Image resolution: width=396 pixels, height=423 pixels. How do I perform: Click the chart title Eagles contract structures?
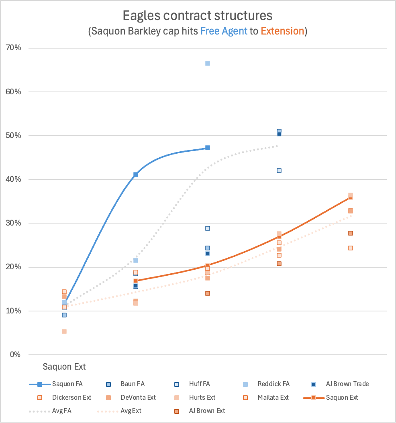[x=198, y=16]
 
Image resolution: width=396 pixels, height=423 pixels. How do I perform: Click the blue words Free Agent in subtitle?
[x=224, y=31]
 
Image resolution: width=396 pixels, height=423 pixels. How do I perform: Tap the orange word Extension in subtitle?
[x=282, y=31]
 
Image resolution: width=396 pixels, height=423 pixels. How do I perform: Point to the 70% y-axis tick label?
[x=13, y=48]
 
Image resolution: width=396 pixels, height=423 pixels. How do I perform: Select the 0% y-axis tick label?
[x=15, y=355]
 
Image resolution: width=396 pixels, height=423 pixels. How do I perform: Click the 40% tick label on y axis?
[x=13, y=179]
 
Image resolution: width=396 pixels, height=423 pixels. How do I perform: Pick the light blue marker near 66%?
[x=208, y=63]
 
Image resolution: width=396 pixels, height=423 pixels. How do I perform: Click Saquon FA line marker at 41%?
[x=136, y=175]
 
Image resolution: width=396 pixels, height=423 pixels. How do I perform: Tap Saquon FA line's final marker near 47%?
[x=208, y=148]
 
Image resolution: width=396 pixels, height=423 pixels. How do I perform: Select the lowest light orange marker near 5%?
[x=64, y=331]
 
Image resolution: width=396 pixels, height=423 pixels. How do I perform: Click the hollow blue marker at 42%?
[x=279, y=171]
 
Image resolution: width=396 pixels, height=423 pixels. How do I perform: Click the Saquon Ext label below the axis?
[x=64, y=367]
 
